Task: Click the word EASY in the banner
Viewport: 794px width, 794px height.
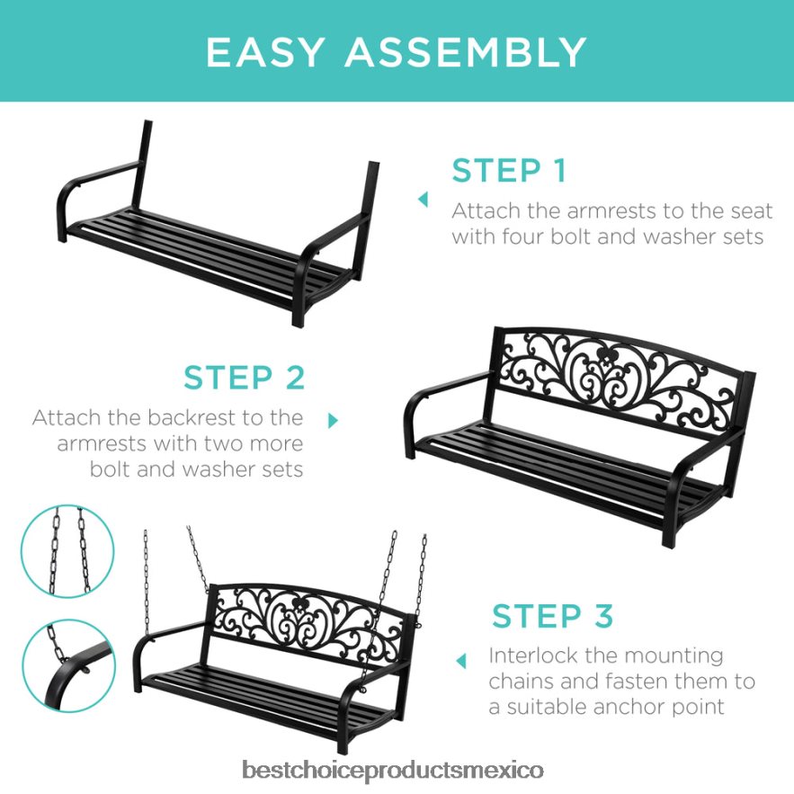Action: click(266, 52)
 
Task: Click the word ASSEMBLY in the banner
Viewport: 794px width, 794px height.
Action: click(466, 52)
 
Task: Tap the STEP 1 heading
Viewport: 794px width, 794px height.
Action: click(509, 171)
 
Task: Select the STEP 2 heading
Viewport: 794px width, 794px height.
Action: click(245, 378)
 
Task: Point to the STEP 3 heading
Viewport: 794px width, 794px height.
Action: click(551, 616)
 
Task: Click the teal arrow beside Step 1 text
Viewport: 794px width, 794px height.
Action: click(423, 199)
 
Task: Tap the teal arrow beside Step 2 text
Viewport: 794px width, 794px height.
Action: click(334, 420)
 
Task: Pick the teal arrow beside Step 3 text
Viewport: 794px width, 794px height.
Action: click(461, 661)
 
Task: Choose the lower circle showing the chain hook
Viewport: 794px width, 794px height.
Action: click(67, 663)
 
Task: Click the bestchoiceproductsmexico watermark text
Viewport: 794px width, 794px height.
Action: click(393, 771)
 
